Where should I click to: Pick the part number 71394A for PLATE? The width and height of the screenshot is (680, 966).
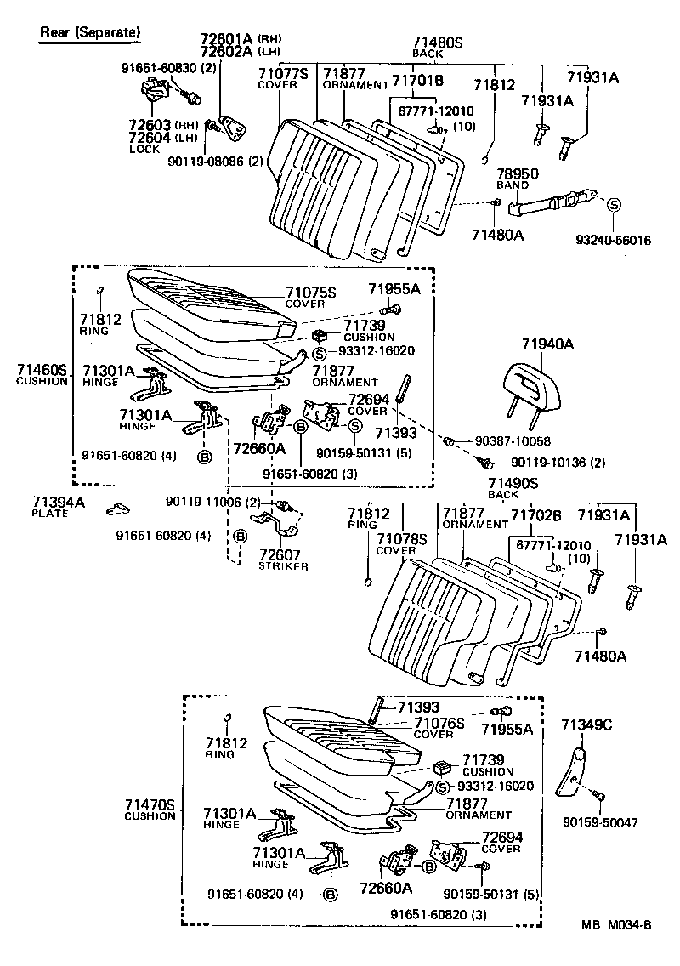(59, 503)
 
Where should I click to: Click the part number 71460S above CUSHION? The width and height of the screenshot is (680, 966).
(42, 369)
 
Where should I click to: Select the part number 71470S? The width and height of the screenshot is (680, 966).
(149, 804)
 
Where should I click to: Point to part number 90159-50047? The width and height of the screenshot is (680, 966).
(600, 823)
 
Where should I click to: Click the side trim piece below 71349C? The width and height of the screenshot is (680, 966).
(571, 771)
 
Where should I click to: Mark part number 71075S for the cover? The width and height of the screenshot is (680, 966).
(311, 293)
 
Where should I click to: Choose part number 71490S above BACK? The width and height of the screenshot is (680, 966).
(513, 483)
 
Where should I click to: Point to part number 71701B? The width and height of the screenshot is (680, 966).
(417, 81)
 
